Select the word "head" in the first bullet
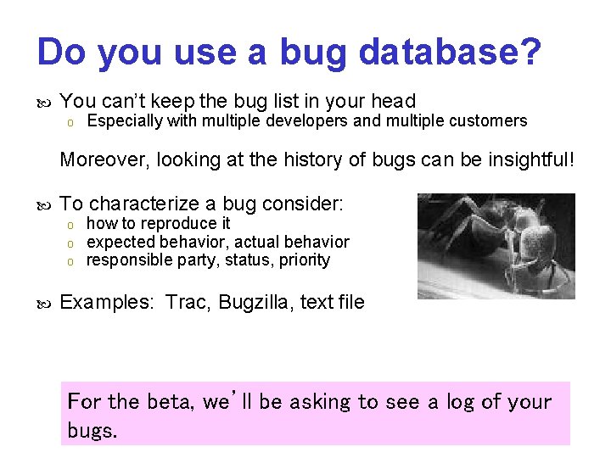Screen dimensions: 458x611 point(393,101)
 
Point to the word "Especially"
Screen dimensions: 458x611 point(125,120)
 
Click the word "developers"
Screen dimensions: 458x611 point(306,120)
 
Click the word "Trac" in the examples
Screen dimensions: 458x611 point(186,302)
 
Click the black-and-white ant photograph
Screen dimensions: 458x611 point(496,246)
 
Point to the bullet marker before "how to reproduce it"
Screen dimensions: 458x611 point(72,225)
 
